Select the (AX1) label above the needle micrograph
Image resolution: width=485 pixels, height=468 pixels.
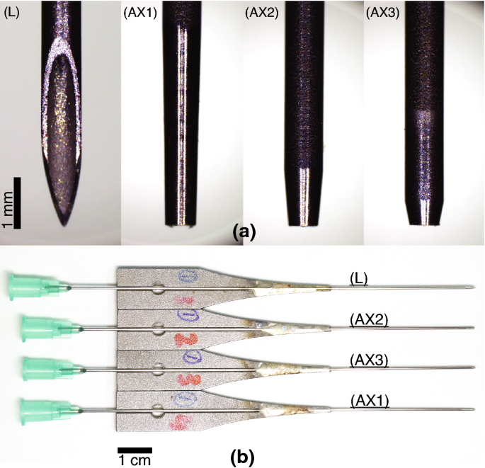coord(139,12)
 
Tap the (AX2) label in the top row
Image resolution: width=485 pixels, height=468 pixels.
coord(261,12)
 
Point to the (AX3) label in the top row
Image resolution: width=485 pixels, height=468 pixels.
coord(383,12)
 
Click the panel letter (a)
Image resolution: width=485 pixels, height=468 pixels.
coord(244,231)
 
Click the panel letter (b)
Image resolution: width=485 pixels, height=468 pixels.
coord(244,456)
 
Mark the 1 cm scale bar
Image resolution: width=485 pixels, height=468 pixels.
coord(135,450)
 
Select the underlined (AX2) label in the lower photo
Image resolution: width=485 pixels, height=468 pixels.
coord(369,320)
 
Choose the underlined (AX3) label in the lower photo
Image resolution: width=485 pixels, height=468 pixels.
coord(369,360)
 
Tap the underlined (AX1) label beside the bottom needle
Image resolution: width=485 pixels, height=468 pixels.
coord(368,401)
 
